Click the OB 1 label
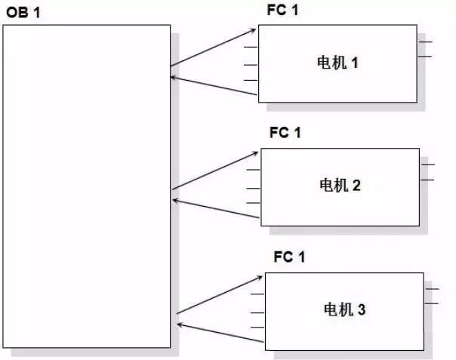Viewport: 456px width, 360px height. coord(22,14)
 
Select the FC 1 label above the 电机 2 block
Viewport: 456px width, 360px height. coord(285,133)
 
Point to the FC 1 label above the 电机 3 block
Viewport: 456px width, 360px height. coord(289,257)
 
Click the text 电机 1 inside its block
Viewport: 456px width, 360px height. coord(337,63)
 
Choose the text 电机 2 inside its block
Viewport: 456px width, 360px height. coord(340,184)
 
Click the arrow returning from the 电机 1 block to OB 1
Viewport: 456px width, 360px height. coord(214,85)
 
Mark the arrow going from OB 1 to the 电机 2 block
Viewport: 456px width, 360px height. coord(216,171)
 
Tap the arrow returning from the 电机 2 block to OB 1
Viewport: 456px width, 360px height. coord(216,210)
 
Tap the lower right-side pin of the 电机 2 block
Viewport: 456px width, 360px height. coord(428,180)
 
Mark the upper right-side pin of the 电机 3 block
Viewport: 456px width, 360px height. coord(432,288)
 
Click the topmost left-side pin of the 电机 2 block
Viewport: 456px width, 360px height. coord(254,171)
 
